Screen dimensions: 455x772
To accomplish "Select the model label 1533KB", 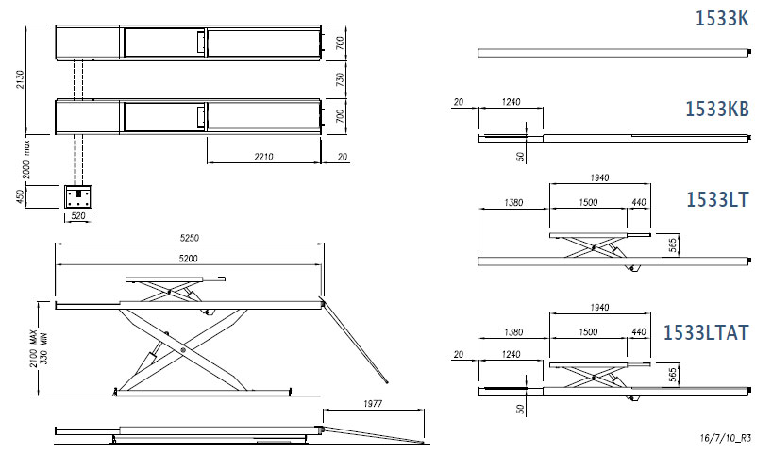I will tap(716, 110).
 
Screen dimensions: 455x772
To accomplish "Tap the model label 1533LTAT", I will tap(706, 332).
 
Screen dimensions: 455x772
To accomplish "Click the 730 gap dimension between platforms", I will tap(340, 80).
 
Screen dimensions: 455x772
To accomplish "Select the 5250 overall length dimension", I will tap(190, 238).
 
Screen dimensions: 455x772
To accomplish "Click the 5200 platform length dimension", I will tap(188, 257).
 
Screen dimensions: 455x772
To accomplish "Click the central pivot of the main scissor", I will tap(182, 350).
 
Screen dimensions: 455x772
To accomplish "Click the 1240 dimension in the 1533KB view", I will tap(511, 101).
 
